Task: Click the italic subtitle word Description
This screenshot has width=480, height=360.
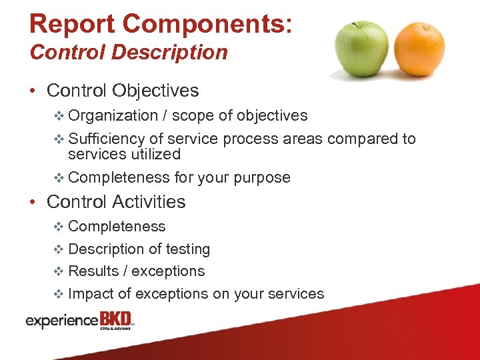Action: pyautogui.click(x=172, y=52)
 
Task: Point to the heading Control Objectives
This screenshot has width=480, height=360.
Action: pyautogui.click(x=123, y=90)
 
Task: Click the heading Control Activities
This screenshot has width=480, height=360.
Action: pyautogui.click(x=116, y=201)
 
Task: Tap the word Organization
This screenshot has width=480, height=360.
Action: pyautogui.click(x=113, y=115)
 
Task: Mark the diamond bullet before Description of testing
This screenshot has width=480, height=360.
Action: pyautogui.click(x=58, y=249)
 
